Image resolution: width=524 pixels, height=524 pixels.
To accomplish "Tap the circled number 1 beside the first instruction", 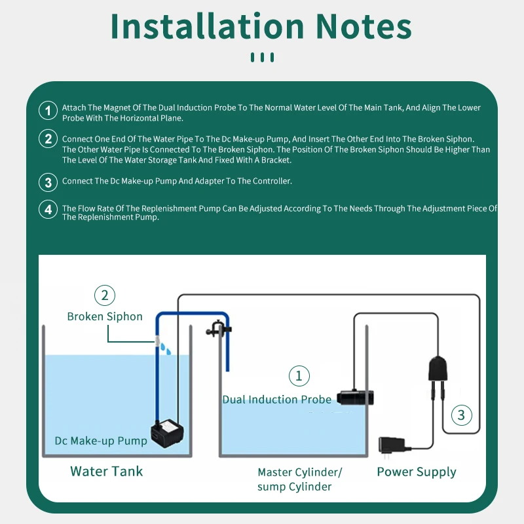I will click(48, 111).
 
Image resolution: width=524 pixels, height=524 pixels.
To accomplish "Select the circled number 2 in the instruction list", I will click(48, 139).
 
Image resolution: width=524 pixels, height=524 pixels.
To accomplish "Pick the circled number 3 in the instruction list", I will click(48, 181).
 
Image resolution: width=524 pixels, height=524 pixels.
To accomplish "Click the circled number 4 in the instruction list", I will click(48, 210).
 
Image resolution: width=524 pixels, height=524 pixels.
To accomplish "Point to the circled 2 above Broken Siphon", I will click(105, 295).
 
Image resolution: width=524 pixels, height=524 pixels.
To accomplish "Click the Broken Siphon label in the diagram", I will click(105, 316).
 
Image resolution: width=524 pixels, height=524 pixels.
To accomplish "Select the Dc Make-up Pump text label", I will click(101, 441).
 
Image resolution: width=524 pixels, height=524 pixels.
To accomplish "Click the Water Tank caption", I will click(107, 471).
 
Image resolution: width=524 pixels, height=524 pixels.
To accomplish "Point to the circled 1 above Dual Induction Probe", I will click(299, 376).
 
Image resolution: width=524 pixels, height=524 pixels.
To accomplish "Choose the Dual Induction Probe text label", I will click(277, 400).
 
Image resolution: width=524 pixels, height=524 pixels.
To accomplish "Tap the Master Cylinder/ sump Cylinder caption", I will click(300, 479).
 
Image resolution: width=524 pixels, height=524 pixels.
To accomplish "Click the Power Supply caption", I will click(417, 472).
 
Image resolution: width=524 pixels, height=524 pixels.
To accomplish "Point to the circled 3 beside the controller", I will click(461, 415).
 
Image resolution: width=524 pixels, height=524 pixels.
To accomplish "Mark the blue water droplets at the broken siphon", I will click(166, 348).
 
